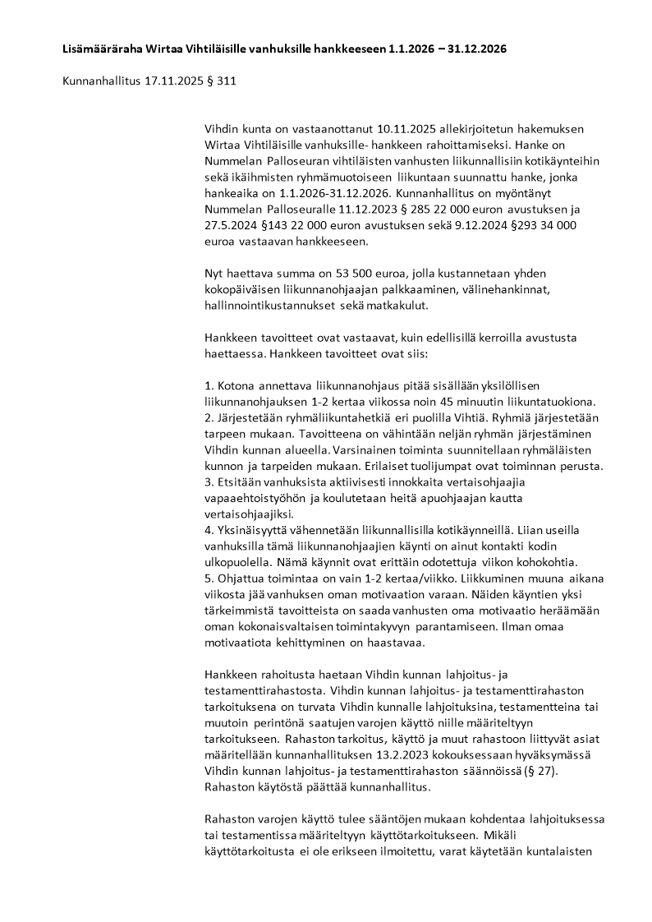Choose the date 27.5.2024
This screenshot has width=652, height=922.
point(232,224)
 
